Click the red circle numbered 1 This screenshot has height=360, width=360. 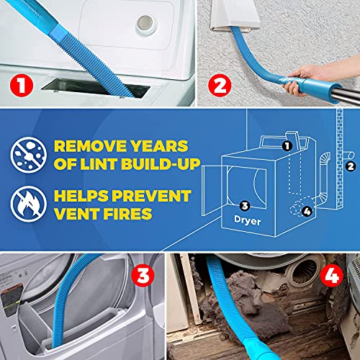coord(22,85)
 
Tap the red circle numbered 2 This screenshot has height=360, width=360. coord(220,85)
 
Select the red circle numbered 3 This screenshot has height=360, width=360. coord(143,275)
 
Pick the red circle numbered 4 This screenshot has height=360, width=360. coord(332,275)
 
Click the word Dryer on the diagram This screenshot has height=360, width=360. coord(248,220)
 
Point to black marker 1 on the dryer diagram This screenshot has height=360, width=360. coord(287,145)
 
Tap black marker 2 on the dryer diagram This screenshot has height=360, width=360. coord(351,166)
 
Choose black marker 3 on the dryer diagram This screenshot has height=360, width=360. coord(245,206)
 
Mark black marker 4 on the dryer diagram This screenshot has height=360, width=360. coord(307,211)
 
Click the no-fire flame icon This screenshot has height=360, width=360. coord(28,204)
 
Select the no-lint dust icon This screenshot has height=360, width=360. coord(28,155)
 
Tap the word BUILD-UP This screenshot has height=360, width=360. coord(161,164)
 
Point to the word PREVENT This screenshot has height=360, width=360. coord(151,196)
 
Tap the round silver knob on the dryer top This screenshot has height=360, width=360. coord(145,23)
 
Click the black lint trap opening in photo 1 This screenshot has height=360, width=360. coord(96,88)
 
